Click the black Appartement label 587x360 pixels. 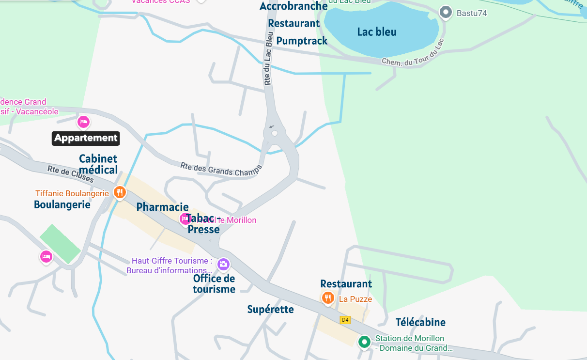(x=86, y=138)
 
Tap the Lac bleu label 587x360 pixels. (x=377, y=32)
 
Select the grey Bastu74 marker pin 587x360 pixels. (x=445, y=13)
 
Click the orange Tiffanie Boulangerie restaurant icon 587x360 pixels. (x=120, y=192)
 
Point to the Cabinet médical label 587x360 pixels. (x=98, y=164)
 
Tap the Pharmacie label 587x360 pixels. (x=162, y=207)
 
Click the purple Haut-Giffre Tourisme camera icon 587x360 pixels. (x=223, y=264)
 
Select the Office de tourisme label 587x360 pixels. (x=214, y=284)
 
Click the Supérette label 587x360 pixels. (x=270, y=310)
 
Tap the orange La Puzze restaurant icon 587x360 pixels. (x=328, y=297)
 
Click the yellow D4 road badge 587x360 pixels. (x=345, y=320)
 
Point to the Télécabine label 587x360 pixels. (x=420, y=322)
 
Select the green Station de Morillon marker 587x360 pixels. (x=364, y=342)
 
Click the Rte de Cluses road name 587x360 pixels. (x=71, y=175)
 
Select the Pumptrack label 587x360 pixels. (x=302, y=41)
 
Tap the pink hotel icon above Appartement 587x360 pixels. (x=84, y=121)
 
